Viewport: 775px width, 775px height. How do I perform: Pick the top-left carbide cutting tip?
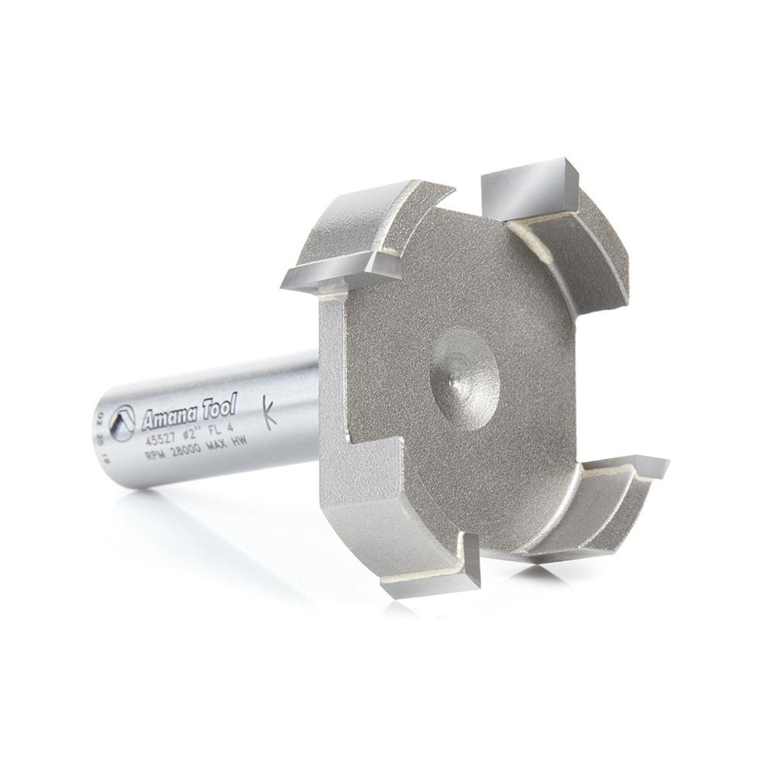point(341,270)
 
